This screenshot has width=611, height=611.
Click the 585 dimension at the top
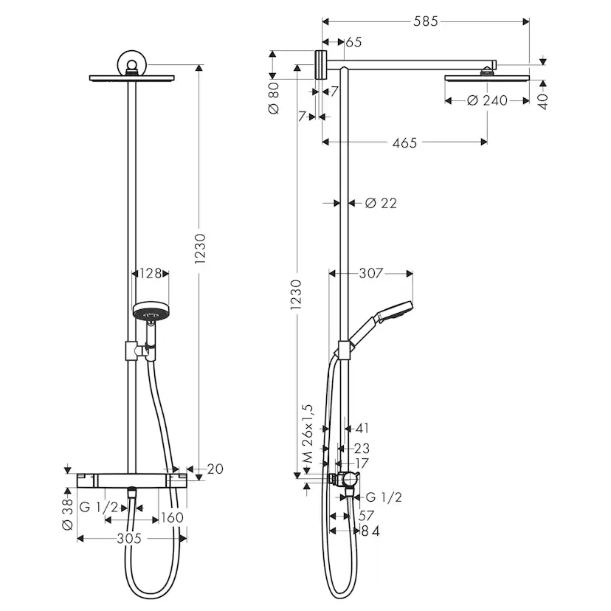tap(425, 21)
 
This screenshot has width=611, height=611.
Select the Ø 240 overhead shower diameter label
tap(487, 100)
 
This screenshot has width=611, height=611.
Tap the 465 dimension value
tap(404, 142)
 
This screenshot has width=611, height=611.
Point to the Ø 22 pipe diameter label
tap(381, 203)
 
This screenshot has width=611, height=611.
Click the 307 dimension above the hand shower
tap(370, 274)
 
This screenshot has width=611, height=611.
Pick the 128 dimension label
tap(151, 274)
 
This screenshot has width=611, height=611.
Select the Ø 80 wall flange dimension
tap(274, 97)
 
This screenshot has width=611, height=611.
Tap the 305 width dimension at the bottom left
tap(129, 539)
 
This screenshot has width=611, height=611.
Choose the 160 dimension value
tap(171, 518)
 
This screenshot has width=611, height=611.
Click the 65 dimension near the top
tap(353, 42)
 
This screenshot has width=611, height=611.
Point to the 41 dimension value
tap(362, 428)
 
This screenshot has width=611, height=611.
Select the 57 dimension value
tap(366, 515)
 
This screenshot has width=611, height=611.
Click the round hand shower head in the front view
tap(151, 311)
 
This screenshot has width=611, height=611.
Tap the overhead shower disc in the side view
tap(487, 77)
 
